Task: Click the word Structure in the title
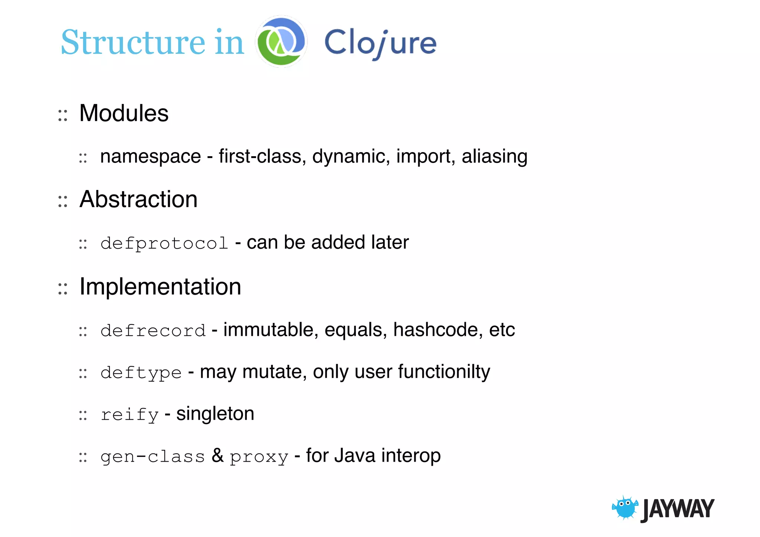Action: click(x=133, y=42)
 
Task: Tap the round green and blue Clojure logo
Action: click(x=281, y=41)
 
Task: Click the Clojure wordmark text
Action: click(x=380, y=43)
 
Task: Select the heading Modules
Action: click(x=124, y=113)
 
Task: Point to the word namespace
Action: click(x=150, y=156)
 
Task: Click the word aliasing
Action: click(x=494, y=156)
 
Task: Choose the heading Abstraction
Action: click(x=138, y=199)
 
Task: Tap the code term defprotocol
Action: click(x=164, y=243)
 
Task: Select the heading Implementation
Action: click(x=160, y=286)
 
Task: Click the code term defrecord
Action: click(x=153, y=331)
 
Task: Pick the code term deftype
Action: click(x=141, y=373)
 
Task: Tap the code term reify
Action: click(x=130, y=415)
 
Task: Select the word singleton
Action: click(x=215, y=414)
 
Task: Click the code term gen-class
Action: click(x=153, y=456)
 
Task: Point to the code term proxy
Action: click(x=259, y=457)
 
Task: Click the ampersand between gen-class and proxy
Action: click(x=217, y=455)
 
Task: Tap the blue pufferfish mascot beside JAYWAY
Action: click(x=625, y=507)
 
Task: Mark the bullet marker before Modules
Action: click(x=63, y=115)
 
